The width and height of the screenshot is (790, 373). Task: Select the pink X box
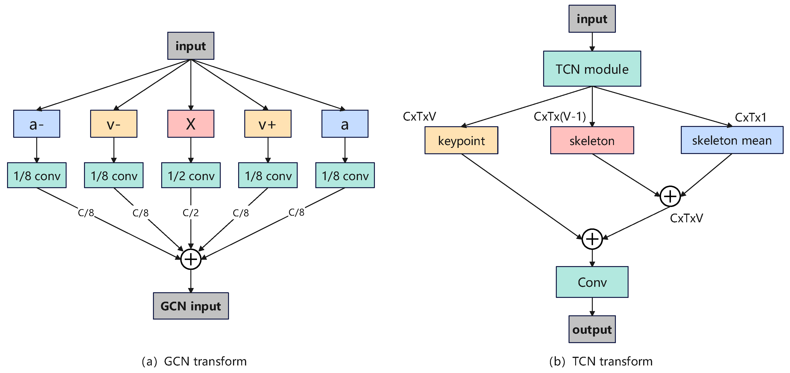(191, 124)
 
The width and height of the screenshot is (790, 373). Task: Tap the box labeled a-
(36, 124)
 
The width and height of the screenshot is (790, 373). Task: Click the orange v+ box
(268, 124)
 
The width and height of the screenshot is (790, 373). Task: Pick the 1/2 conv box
(191, 175)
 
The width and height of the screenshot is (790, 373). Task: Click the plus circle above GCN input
(191, 259)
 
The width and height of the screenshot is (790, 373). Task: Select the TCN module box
(592, 69)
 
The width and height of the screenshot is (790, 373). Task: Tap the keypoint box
(461, 140)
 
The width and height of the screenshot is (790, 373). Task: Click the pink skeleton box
(592, 140)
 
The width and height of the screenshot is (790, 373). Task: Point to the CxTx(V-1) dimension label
(560, 116)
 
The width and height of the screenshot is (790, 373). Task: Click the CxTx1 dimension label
(750, 117)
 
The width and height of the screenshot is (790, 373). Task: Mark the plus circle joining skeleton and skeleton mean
(670, 196)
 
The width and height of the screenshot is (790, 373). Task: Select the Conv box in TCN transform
(592, 282)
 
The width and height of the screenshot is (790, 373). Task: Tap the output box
(592, 329)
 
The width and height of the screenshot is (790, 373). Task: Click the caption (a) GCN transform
(194, 361)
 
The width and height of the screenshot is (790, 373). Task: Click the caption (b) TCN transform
(601, 361)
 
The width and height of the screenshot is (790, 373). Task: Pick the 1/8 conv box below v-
(114, 175)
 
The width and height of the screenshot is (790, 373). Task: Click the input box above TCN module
(592, 19)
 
